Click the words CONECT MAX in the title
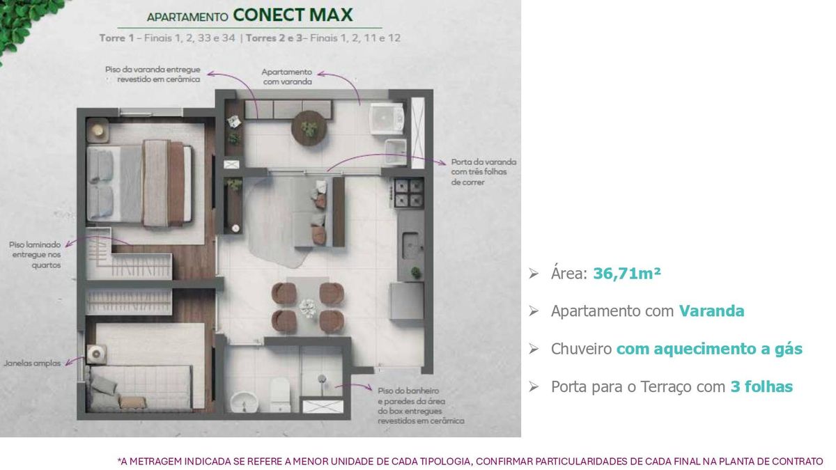pyautogui.click(x=293, y=15)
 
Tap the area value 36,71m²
pyautogui.click(x=627, y=274)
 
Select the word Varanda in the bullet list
pyautogui.click(x=711, y=311)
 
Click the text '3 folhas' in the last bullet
pyautogui.click(x=761, y=386)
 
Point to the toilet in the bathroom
pyautogui.click(x=279, y=395)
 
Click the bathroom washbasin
pyautogui.click(x=245, y=402)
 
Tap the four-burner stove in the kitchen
pyautogui.click(x=408, y=192)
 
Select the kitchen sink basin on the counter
pyautogui.click(x=410, y=245)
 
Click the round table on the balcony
pyautogui.click(x=309, y=128)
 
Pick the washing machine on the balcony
pyautogui.click(x=387, y=118)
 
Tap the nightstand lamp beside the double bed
pyautogui.click(x=98, y=130)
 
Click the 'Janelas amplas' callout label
pyautogui.click(x=32, y=363)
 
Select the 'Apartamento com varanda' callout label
pyautogui.click(x=287, y=77)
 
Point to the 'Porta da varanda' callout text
pyautogui.click(x=483, y=172)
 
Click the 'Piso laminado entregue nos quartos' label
pyautogui.click(x=35, y=255)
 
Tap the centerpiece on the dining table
pyautogui.click(x=308, y=308)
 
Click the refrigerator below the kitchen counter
pyautogui.click(x=407, y=301)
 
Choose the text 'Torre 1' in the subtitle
pyautogui.click(x=116, y=38)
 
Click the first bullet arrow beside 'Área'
pyautogui.click(x=534, y=274)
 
